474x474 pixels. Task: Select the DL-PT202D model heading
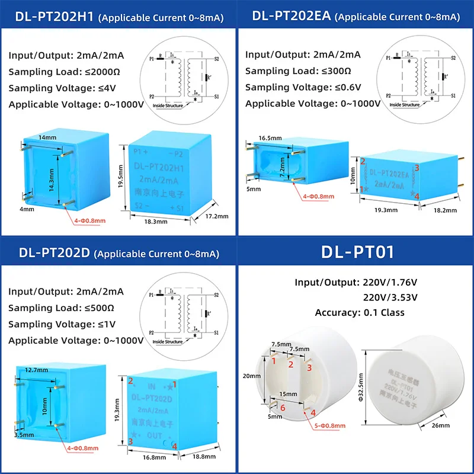(x=53, y=253)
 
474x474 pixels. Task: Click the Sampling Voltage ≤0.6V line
(x=303, y=87)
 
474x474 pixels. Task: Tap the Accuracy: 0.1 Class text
(x=360, y=312)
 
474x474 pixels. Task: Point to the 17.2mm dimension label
(x=217, y=216)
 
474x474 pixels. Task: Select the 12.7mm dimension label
(x=37, y=370)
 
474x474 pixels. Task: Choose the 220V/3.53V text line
(x=389, y=297)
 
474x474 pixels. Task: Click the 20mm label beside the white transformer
(x=252, y=376)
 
